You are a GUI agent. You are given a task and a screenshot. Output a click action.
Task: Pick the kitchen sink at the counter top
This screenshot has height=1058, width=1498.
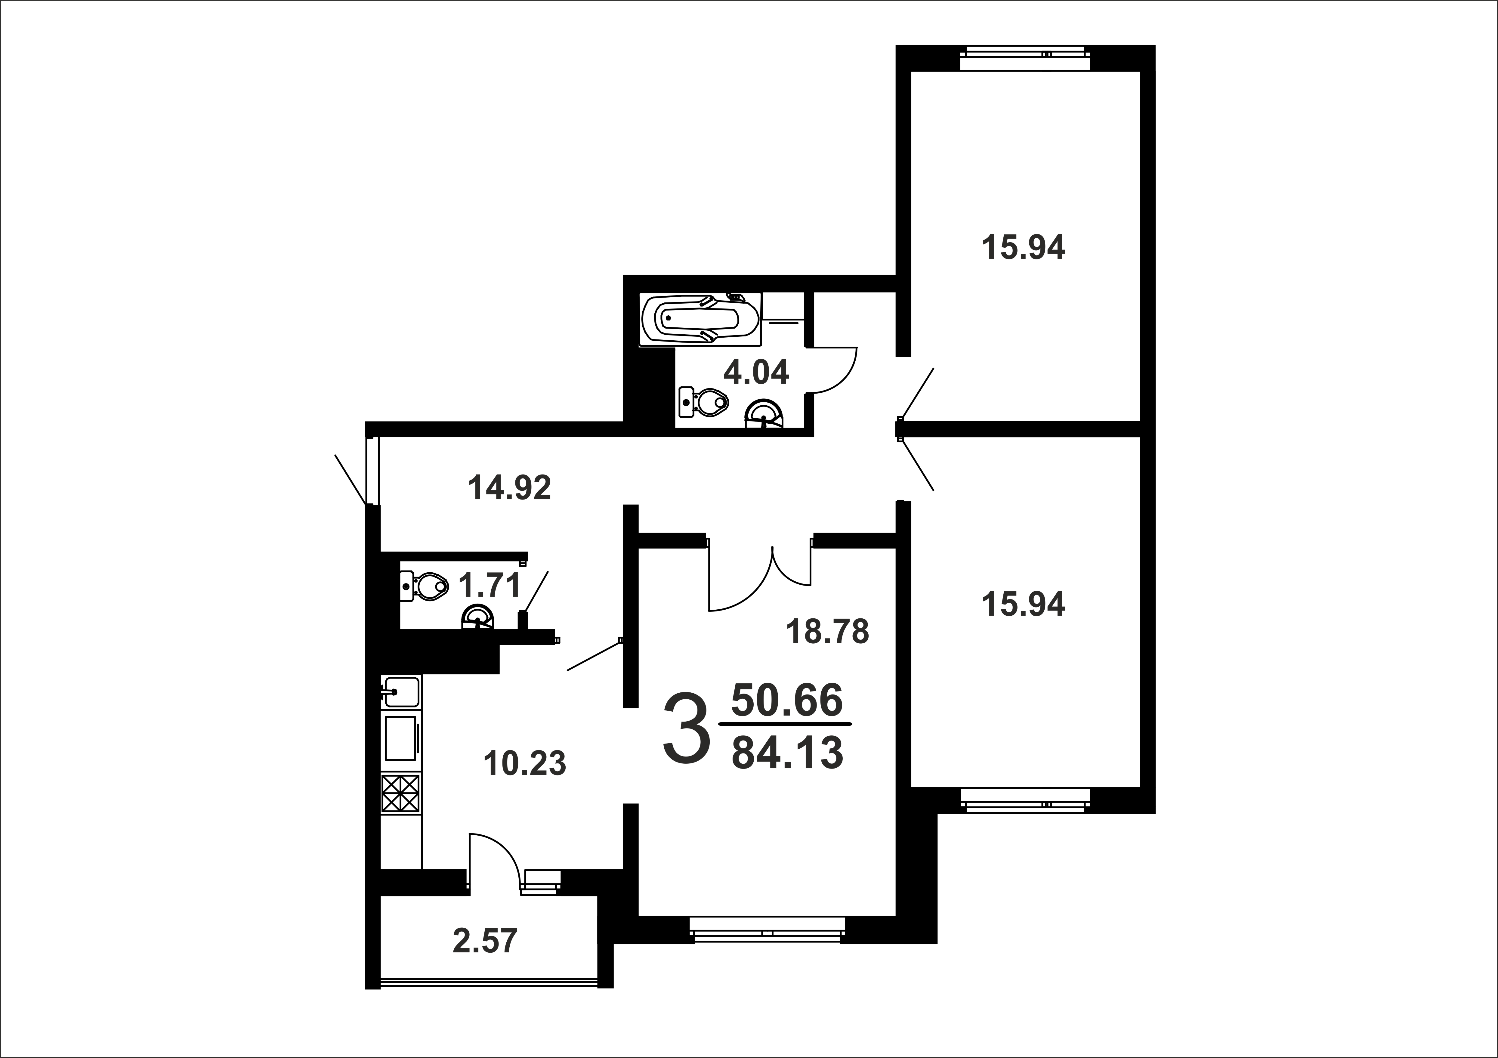[x=400, y=692]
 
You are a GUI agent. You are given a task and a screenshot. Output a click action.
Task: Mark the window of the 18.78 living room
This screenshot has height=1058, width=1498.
[x=767, y=930]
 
